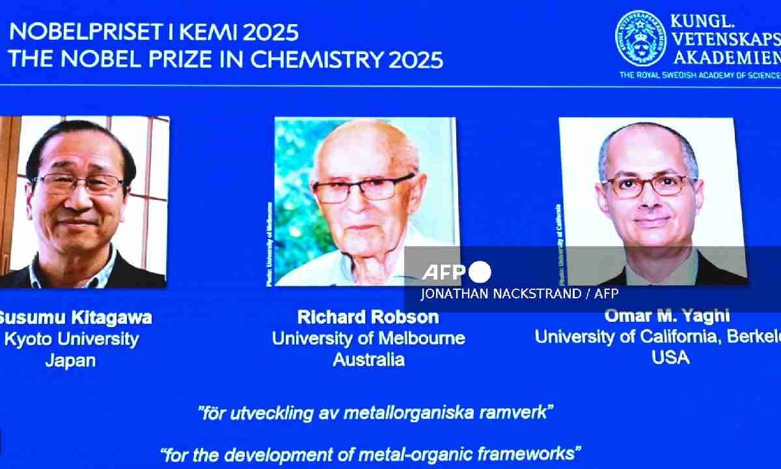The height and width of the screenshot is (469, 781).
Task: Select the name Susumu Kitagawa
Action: (75, 317)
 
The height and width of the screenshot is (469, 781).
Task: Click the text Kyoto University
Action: (72, 339)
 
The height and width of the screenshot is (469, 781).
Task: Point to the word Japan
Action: (70, 360)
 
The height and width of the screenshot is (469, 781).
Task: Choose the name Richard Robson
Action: (368, 317)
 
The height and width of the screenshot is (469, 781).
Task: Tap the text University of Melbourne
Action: (368, 338)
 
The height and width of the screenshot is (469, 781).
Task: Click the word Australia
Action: (368, 359)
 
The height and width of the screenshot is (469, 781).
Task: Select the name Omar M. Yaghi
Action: (666, 316)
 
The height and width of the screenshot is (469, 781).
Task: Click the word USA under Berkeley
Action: (670, 357)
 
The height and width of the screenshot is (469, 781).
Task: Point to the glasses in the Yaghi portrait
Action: (644, 185)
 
